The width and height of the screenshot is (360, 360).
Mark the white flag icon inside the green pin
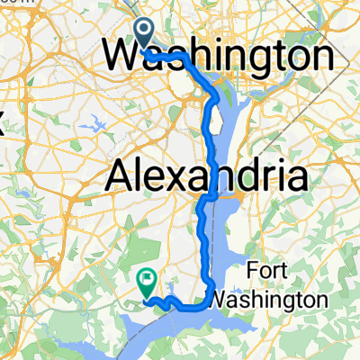(x=145, y=280)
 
